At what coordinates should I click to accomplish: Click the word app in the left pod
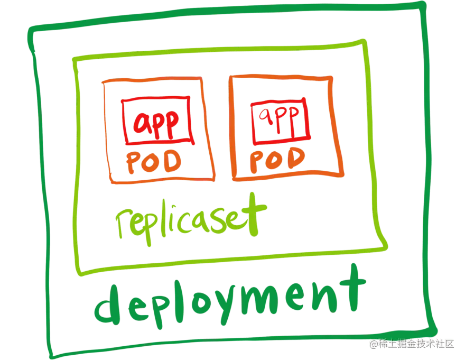tap(156, 122)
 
